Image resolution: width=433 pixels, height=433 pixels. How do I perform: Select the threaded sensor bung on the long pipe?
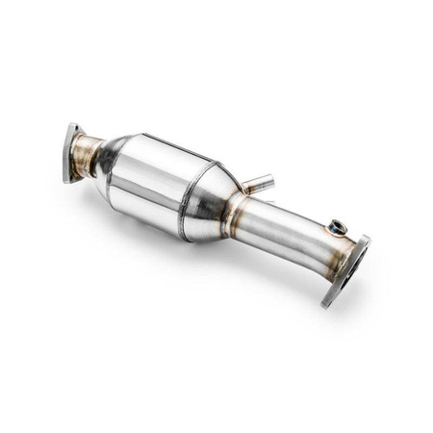coord(335,227)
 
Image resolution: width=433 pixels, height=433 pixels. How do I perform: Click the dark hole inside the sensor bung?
coord(336,226)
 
